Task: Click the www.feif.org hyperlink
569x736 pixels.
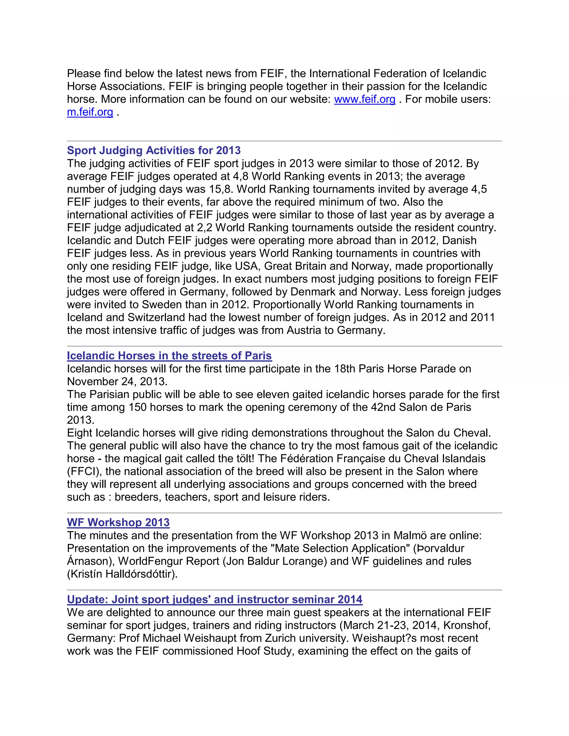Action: [365, 99]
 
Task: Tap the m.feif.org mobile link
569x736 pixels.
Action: [90, 112]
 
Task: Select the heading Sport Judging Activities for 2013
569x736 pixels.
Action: [154, 150]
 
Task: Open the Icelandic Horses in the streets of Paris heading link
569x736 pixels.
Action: [169, 356]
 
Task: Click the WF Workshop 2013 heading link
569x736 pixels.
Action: [118, 522]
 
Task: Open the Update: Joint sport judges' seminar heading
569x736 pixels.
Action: [214, 600]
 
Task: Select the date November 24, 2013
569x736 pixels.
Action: [117, 382]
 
